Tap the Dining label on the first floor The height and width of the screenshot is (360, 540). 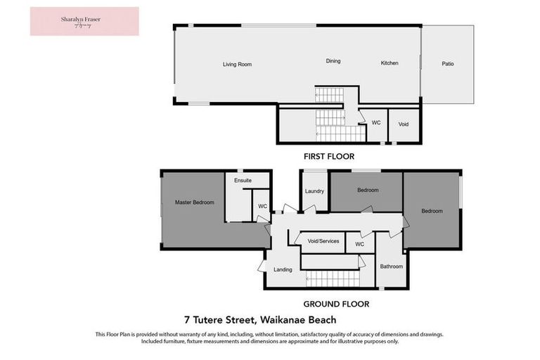click(333, 61)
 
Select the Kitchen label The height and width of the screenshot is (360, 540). click(390, 63)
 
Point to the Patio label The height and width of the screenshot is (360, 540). click(447, 64)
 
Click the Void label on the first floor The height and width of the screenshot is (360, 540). click(404, 124)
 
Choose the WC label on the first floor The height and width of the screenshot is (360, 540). click(376, 122)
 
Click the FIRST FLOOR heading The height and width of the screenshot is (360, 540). click(328, 157)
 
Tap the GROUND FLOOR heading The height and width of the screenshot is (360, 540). click(336, 304)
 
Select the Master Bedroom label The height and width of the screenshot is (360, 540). click(194, 202)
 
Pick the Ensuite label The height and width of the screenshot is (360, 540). click(243, 181)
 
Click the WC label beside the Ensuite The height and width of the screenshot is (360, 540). click(262, 206)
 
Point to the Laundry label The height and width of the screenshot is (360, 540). click(314, 191)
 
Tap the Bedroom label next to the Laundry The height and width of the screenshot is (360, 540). click(368, 190)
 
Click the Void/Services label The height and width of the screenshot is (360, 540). click(323, 241)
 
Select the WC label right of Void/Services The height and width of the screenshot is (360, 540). click(359, 244)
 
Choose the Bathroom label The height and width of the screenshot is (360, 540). click(392, 266)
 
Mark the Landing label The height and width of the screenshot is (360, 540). click(283, 269)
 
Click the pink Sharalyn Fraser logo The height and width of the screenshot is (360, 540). click(84, 21)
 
